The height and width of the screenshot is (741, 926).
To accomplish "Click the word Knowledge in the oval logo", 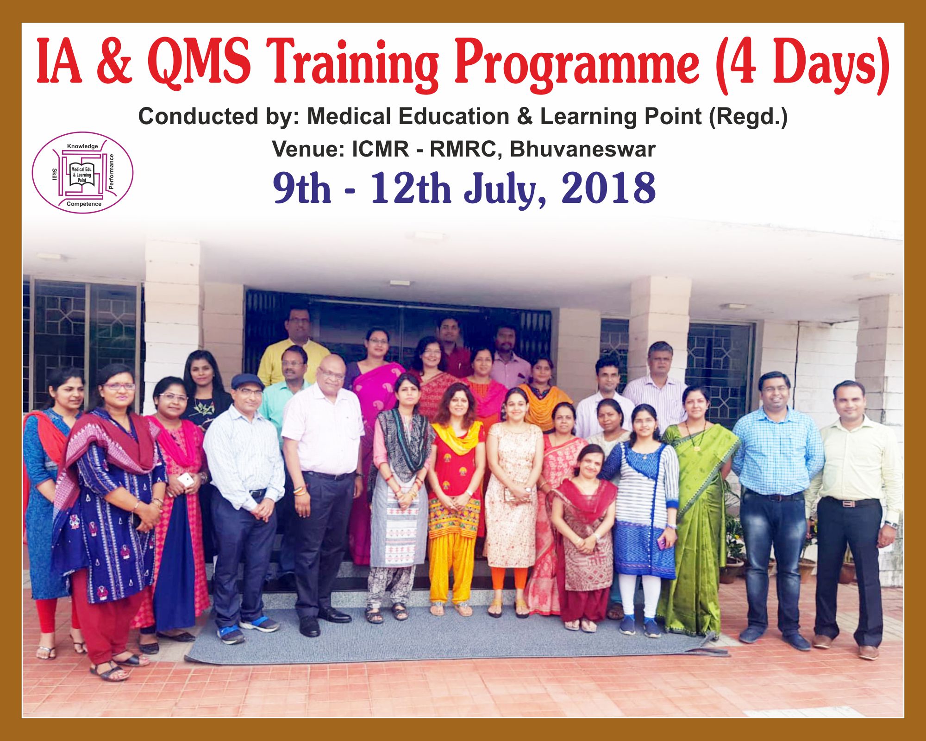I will click(x=82, y=146).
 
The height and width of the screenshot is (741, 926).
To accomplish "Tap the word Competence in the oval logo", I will click(x=84, y=204).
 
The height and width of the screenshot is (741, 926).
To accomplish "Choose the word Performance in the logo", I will click(x=111, y=171).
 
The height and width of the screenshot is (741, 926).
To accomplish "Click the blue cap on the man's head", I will click(x=246, y=381).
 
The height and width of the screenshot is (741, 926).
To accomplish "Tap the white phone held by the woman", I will click(x=186, y=480).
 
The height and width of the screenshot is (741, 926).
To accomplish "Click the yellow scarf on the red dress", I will click(x=457, y=438).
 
